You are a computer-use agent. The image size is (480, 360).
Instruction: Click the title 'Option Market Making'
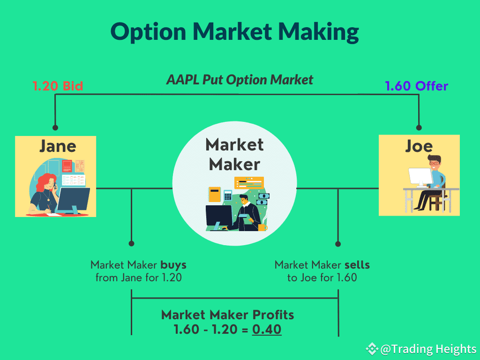point(234,32)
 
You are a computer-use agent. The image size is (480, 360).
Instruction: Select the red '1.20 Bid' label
point(58,86)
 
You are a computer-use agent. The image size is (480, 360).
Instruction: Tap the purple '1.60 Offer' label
point(416,86)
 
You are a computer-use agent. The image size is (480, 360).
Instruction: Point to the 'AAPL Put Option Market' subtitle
point(240,80)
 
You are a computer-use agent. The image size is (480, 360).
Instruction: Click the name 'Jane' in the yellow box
point(57,146)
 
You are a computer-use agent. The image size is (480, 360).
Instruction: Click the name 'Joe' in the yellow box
point(419,146)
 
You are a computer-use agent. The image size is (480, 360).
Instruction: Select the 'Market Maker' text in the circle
point(234,154)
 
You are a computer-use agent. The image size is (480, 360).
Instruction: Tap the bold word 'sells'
point(357,265)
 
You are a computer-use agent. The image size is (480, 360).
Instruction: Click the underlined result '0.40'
point(267,330)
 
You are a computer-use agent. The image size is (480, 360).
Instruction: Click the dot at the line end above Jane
point(55,127)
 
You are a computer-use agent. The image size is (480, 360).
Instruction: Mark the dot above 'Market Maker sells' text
point(338,244)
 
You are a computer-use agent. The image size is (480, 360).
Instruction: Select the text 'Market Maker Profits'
point(227,315)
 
